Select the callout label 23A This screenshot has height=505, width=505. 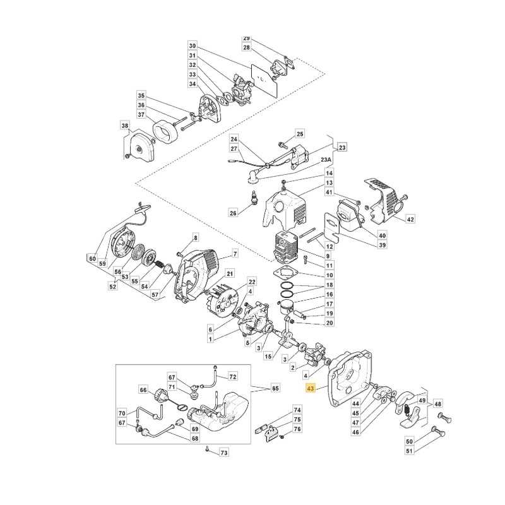pyautogui.click(x=328, y=161)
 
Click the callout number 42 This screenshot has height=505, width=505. pyautogui.click(x=410, y=220)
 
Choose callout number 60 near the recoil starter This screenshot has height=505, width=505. pyautogui.click(x=92, y=258)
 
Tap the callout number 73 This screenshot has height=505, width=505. pyautogui.click(x=223, y=453)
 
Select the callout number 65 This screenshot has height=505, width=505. pyautogui.click(x=275, y=388)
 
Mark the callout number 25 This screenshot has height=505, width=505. pyautogui.click(x=300, y=134)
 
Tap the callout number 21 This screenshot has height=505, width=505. pyautogui.click(x=230, y=273)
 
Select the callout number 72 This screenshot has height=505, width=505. pyautogui.click(x=233, y=377)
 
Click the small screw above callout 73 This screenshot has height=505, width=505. pyautogui.click(x=208, y=449)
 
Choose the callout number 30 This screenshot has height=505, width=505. pyautogui.click(x=193, y=46)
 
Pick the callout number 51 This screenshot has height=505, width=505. pyautogui.click(x=409, y=451)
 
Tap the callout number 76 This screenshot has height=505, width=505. pyautogui.click(x=297, y=429)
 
